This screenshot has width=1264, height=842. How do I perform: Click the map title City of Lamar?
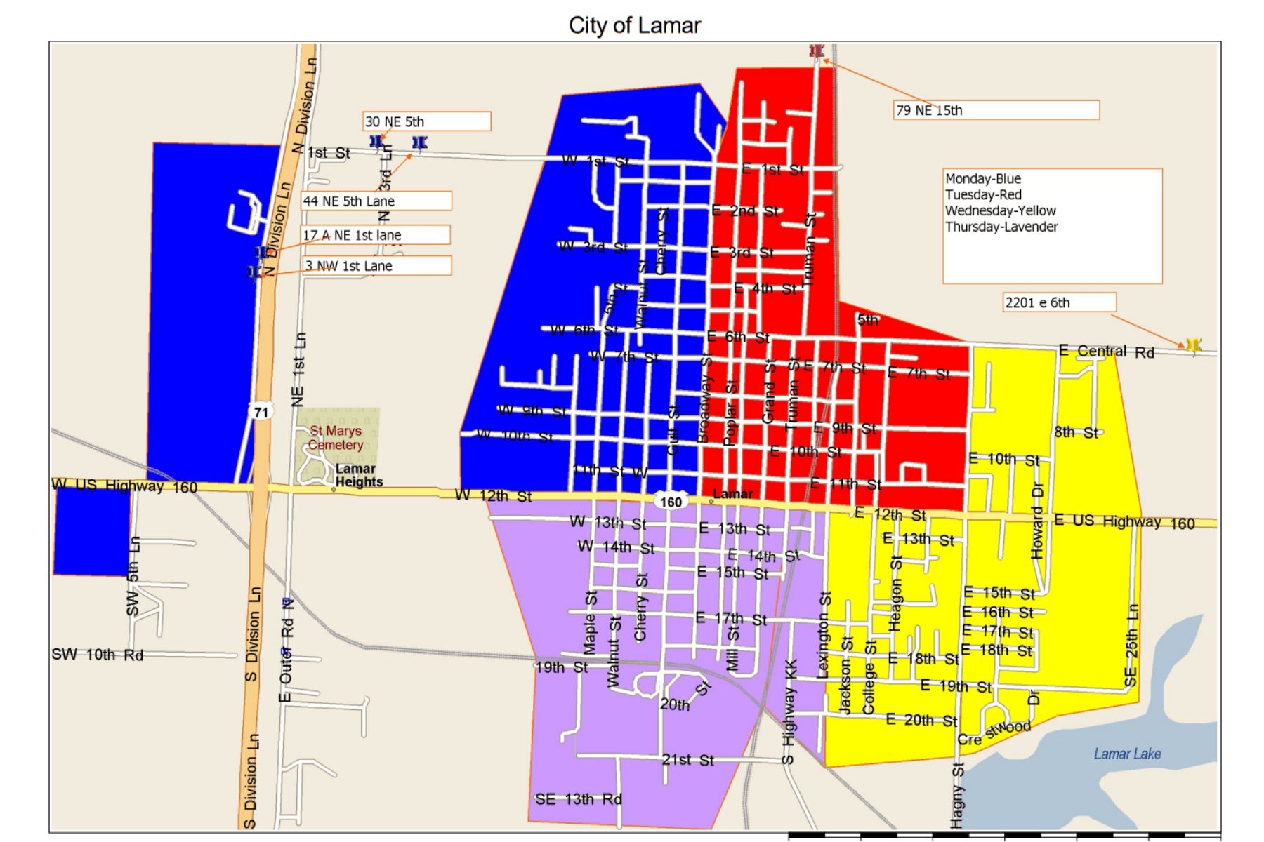[x=634, y=25]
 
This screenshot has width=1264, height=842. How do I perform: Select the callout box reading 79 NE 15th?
[x=996, y=110]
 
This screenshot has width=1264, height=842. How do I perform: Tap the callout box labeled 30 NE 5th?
[x=426, y=121]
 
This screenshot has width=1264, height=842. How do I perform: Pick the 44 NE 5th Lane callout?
[x=376, y=201]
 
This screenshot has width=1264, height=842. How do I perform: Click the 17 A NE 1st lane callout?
[x=376, y=235]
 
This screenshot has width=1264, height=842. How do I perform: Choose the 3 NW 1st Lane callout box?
[x=377, y=266]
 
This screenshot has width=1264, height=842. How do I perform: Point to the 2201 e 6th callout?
[x=1058, y=302]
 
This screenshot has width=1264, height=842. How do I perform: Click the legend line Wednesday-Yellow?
[x=1000, y=210]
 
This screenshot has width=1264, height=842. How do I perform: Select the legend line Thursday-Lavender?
[x=1001, y=227]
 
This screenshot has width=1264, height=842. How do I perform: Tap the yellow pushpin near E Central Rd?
[x=1193, y=345]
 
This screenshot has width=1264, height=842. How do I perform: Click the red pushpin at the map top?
[x=816, y=51]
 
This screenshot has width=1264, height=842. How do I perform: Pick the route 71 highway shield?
[x=261, y=412]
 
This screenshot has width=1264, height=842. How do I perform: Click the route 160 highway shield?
[x=670, y=502]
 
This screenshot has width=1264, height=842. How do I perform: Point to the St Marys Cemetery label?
[x=336, y=438]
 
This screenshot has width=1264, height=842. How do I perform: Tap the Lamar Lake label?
[x=1126, y=754]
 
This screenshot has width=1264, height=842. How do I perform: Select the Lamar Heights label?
[x=358, y=475]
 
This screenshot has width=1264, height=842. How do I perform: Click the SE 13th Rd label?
[x=578, y=799]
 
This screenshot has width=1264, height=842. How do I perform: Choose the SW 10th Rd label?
[x=97, y=655]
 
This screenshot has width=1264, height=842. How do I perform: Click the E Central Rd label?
[x=1106, y=351]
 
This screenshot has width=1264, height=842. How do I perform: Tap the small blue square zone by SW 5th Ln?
[x=92, y=532]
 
